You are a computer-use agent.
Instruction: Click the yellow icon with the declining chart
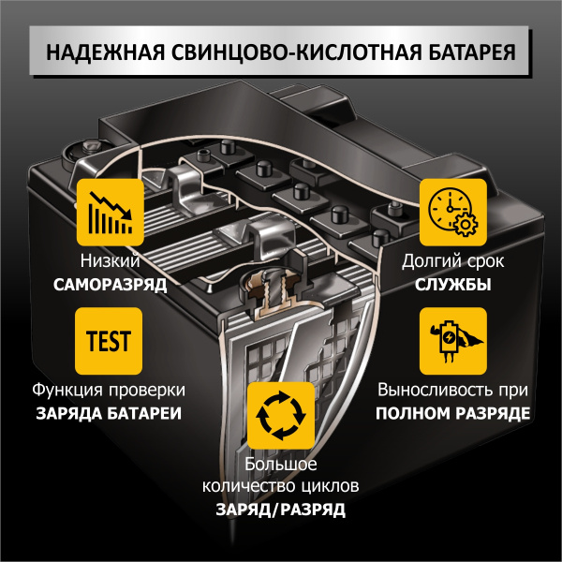click(x=110, y=213)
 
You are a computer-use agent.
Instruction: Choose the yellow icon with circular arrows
click(x=281, y=416)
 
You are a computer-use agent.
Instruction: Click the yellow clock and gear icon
click(x=452, y=213)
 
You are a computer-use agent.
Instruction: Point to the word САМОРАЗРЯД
click(x=110, y=285)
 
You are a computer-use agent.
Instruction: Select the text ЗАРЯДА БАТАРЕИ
click(x=110, y=413)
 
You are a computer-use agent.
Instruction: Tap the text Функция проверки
click(x=110, y=390)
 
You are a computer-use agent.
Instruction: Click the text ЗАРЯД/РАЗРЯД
click(x=281, y=510)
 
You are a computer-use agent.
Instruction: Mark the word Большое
click(x=281, y=465)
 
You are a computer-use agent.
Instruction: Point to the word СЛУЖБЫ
click(x=452, y=285)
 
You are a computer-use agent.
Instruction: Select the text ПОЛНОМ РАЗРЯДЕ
click(x=452, y=413)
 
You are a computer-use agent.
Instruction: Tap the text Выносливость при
click(x=452, y=390)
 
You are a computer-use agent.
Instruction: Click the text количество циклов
click(x=281, y=487)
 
